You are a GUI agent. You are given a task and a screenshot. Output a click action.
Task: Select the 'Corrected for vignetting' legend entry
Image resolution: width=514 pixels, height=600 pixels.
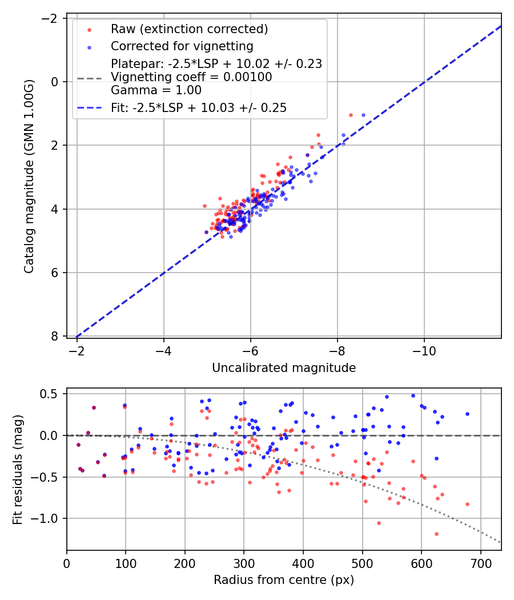182,46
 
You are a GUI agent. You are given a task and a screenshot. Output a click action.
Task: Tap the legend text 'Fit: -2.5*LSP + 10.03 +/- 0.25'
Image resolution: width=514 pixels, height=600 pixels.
199,107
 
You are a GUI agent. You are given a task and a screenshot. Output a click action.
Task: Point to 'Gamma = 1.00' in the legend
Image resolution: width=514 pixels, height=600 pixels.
156,90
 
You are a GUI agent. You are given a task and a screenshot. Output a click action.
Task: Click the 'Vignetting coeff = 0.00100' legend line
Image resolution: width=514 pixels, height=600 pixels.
191,77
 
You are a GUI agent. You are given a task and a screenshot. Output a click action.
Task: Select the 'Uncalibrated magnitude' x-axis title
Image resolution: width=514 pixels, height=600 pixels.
284,368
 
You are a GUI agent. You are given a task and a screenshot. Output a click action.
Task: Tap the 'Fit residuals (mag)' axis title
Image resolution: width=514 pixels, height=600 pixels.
18,469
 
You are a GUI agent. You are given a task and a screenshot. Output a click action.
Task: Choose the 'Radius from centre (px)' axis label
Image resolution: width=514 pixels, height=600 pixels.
284,580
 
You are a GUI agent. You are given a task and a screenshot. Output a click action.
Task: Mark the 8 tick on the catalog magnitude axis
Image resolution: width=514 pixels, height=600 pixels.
55,336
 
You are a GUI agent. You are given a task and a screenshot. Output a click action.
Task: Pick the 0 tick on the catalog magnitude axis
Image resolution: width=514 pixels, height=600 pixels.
55,82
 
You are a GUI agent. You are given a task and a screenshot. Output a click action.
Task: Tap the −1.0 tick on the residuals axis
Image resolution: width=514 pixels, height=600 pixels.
49,518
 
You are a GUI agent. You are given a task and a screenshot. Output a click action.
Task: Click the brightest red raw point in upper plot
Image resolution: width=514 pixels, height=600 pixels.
351,115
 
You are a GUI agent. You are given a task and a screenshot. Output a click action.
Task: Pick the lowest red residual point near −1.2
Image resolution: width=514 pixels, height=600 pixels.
436,534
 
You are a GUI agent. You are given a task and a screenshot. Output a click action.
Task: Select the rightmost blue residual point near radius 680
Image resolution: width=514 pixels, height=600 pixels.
467,414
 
